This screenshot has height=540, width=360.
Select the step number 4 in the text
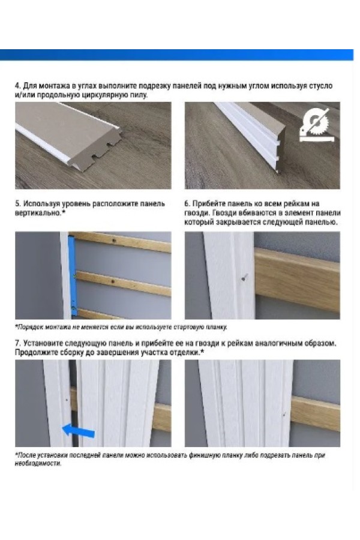[17, 86]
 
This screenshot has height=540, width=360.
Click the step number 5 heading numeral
[17, 204]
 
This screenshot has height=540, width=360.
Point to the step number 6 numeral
[187, 204]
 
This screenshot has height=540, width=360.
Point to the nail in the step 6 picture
[244, 277]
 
